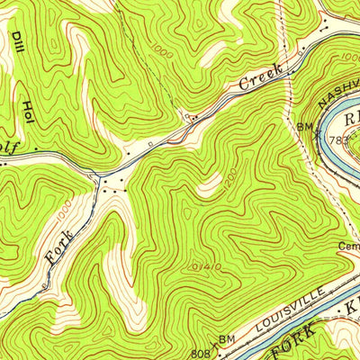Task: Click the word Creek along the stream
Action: click(261, 78)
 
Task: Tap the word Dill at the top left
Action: click(17, 41)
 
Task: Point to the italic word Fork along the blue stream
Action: click(57, 243)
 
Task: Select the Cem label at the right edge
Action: click(349, 245)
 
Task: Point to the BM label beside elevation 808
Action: click(227, 338)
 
